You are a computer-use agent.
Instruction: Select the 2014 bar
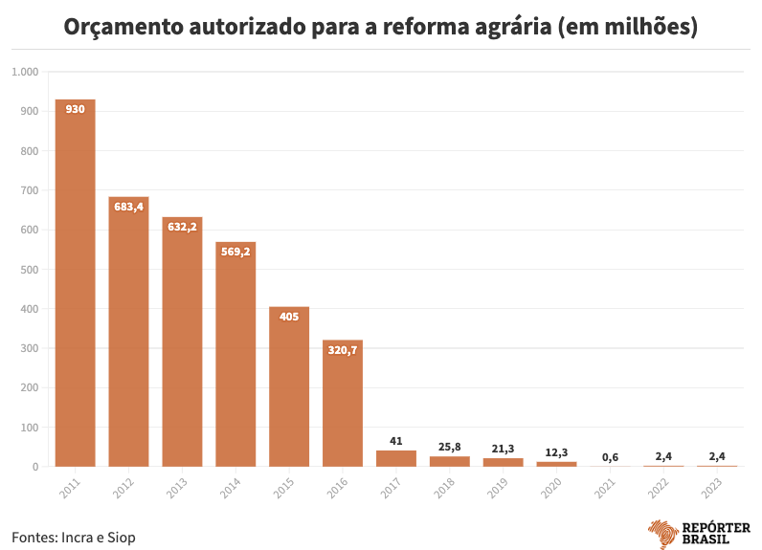[x=235, y=354]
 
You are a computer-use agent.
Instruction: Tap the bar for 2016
[x=343, y=403]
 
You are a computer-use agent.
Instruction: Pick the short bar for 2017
[x=396, y=458]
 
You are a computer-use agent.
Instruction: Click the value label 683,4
[x=128, y=207]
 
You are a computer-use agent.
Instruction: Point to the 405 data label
[x=289, y=317]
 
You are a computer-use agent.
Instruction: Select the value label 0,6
[x=610, y=457]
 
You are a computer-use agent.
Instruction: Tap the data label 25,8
[x=449, y=446]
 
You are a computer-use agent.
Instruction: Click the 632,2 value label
[x=182, y=227]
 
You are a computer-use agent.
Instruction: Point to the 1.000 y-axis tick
[x=25, y=73]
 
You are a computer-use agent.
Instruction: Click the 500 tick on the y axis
[x=29, y=270]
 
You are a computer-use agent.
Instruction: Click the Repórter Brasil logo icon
[x=662, y=534]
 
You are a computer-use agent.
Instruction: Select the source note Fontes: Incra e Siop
[x=74, y=537]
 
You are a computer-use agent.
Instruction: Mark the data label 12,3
[x=556, y=451]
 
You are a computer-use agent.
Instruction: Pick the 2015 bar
[x=289, y=386]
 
